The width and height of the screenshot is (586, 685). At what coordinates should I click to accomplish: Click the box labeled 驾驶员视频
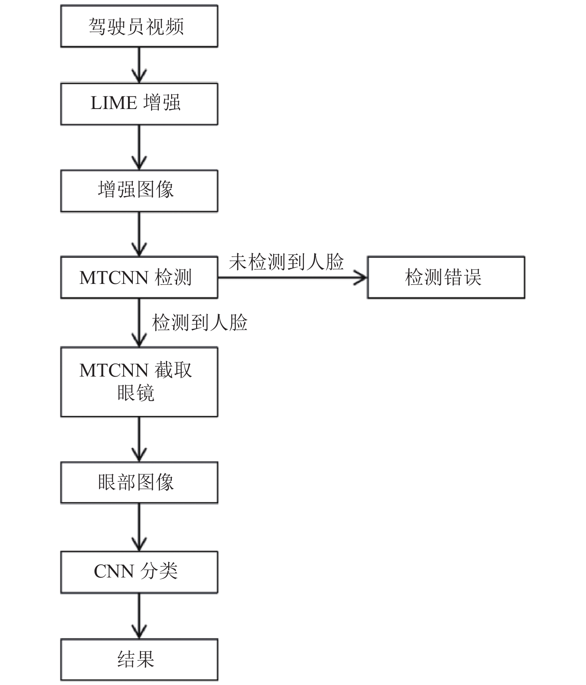click(x=139, y=26)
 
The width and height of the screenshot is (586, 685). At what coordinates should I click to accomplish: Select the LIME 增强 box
click(x=139, y=104)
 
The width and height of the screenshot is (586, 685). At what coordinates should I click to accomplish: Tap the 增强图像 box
click(x=139, y=191)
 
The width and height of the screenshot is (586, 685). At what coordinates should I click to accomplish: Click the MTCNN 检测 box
click(x=139, y=277)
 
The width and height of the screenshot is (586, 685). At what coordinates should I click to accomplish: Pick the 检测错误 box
click(x=446, y=277)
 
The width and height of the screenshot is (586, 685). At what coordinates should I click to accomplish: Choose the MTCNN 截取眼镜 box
click(x=139, y=382)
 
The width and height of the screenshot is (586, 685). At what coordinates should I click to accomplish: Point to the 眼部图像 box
click(x=139, y=483)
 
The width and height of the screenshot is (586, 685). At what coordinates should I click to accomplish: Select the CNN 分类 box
click(x=139, y=572)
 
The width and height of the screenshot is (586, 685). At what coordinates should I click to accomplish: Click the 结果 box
click(x=139, y=660)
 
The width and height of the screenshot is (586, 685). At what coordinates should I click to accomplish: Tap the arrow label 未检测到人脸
click(x=286, y=262)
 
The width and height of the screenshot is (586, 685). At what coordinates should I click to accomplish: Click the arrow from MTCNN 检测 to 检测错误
click(x=292, y=277)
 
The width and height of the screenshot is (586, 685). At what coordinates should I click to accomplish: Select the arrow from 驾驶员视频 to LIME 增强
click(x=139, y=65)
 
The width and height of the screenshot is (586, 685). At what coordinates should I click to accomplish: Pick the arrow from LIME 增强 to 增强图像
click(x=139, y=148)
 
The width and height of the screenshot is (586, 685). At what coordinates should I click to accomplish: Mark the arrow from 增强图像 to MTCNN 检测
click(x=139, y=234)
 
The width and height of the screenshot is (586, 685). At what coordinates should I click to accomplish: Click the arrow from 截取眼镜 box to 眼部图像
click(x=139, y=439)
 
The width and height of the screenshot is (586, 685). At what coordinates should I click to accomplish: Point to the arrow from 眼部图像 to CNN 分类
click(x=139, y=527)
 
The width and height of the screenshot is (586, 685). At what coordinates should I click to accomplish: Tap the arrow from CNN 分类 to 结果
click(x=139, y=616)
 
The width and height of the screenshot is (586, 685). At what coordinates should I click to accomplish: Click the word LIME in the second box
click(x=114, y=103)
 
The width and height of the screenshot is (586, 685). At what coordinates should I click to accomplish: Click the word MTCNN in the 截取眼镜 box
click(x=114, y=371)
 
